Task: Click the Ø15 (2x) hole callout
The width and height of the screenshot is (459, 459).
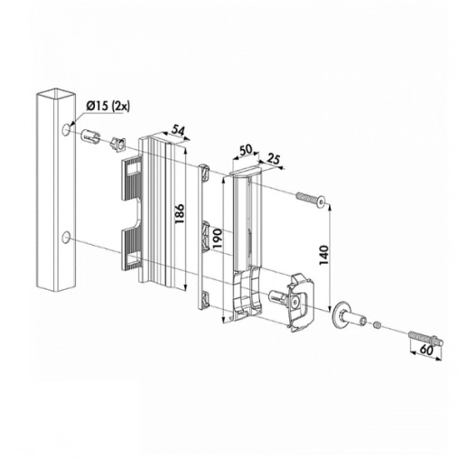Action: pyautogui.click(x=108, y=108)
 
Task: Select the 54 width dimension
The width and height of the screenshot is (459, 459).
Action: pyautogui.click(x=178, y=130)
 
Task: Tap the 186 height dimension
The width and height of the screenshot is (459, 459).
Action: pyautogui.click(x=179, y=214)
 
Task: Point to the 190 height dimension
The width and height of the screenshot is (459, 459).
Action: pyautogui.click(x=218, y=239)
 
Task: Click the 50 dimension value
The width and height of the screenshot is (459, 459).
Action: pyautogui.click(x=246, y=150)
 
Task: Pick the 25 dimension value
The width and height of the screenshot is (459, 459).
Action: pyautogui.click(x=273, y=159)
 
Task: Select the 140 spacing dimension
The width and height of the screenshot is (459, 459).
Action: pyautogui.click(x=324, y=255)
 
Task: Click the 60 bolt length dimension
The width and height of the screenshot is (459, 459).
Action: pyautogui.click(x=426, y=350)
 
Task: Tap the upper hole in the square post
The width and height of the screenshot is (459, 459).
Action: pyautogui.click(x=66, y=129)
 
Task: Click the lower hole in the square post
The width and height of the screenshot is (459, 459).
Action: pyautogui.click(x=66, y=238)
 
